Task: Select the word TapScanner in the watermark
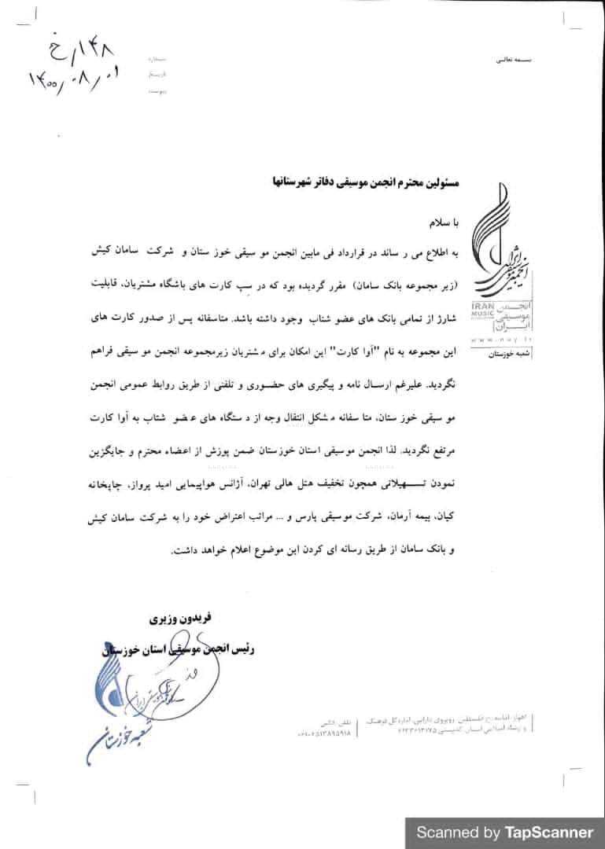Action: (549, 832)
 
